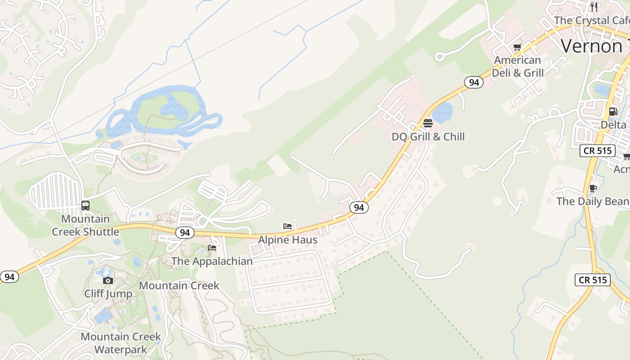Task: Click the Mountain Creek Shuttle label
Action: (x=85, y=225)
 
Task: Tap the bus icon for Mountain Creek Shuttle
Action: (x=85, y=206)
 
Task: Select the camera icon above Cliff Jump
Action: (x=108, y=281)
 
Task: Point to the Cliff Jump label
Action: (x=108, y=294)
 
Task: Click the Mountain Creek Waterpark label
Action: (x=121, y=343)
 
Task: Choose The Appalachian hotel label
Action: (x=212, y=261)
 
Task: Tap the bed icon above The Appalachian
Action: (x=212, y=248)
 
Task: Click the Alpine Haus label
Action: (x=288, y=240)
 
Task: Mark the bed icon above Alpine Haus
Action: (x=288, y=226)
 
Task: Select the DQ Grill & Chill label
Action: (x=428, y=137)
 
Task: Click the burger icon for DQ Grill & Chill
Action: (x=428, y=123)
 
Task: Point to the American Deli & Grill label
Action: (x=517, y=67)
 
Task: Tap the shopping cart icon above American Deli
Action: (x=517, y=47)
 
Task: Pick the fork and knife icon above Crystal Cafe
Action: (x=594, y=7)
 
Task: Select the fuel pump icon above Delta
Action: (x=613, y=111)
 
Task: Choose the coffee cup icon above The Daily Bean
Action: (x=593, y=188)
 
